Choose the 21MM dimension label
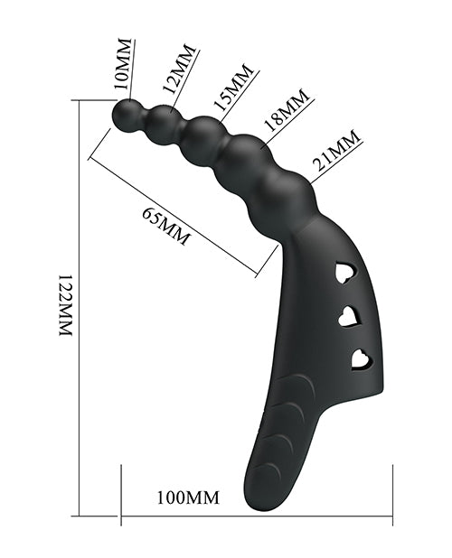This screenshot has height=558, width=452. pos(334,150)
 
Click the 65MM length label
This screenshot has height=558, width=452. pos(166,227)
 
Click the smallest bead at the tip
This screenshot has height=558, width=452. pos(126,113)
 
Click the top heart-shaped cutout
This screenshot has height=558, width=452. pos(345,272)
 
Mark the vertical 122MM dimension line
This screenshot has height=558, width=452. pos(80,307)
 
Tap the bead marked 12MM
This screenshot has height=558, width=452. pos(163,121)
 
